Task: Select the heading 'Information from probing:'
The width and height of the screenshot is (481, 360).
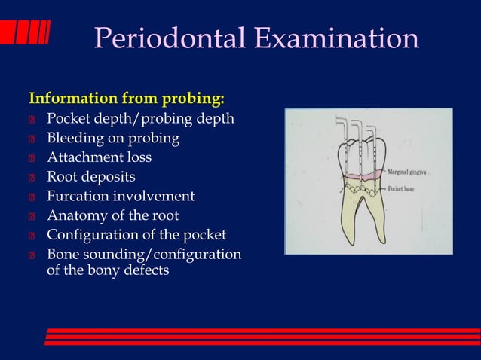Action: (x=127, y=99)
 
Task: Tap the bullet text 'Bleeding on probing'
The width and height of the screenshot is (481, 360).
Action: (x=113, y=138)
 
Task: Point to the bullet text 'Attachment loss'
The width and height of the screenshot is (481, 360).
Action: (x=99, y=157)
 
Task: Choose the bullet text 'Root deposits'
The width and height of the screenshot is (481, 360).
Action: (x=91, y=177)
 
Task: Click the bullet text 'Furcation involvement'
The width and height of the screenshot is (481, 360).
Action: (x=121, y=197)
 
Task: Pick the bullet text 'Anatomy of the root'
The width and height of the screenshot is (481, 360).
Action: (x=113, y=216)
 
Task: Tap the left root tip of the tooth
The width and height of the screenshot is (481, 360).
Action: (x=351, y=243)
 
